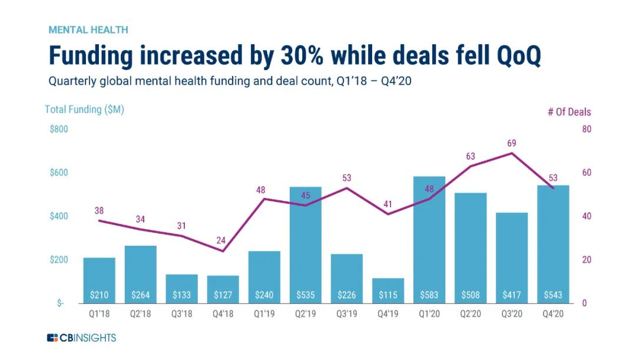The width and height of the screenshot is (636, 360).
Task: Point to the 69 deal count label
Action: (x=511, y=143)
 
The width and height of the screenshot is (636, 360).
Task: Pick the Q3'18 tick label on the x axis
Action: (x=181, y=315)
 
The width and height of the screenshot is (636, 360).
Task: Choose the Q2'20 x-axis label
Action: (x=470, y=315)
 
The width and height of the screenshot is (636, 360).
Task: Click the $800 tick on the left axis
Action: (x=59, y=130)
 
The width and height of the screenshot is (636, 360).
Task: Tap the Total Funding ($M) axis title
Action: (x=84, y=110)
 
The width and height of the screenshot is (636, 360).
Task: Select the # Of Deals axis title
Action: (x=569, y=112)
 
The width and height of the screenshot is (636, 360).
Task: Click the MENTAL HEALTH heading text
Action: (x=88, y=29)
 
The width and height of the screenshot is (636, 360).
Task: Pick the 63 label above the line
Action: (x=470, y=156)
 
